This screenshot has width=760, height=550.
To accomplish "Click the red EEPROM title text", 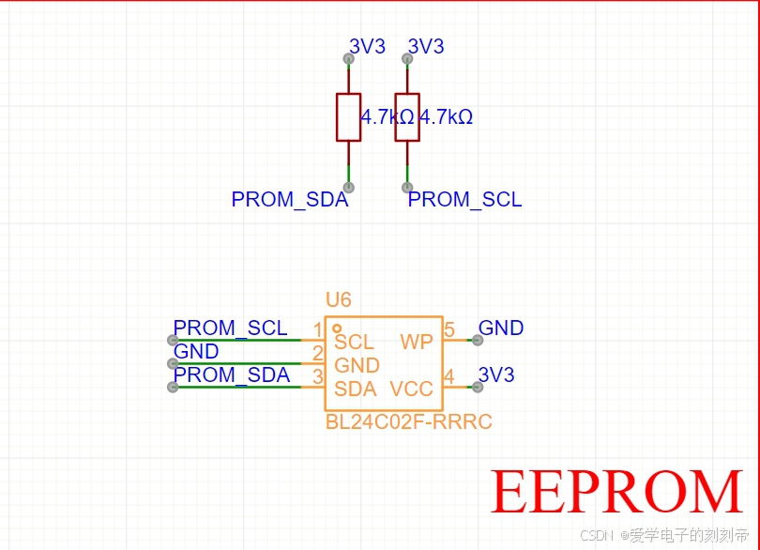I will pyautogui.click(x=616, y=491).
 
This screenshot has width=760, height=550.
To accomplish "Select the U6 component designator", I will pyautogui.click(x=338, y=300).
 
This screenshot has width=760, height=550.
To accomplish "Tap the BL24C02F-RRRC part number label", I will pyautogui.click(x=408, y=422).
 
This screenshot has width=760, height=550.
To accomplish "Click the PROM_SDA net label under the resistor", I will pyautogui.click(x=289, y=200).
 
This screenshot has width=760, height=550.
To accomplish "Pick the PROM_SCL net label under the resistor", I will pyautogui.click(x=464, y=200).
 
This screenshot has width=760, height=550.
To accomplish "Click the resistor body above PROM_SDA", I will pyautogui.click(x=348, y=116).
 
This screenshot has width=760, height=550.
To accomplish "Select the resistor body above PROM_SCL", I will pyautogui.click(x=406, y=116).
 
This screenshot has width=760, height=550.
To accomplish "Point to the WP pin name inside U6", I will pyautogui.click(x=416, y=342).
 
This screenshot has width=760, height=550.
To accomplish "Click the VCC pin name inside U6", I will pyautogui.click(x=411, y=389).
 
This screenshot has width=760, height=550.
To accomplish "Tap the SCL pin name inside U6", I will pyautogui.click(x=354, y=343).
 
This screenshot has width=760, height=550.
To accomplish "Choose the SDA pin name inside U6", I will pyautogui.click(x=355, y=389).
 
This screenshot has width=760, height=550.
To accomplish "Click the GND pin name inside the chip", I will pyautogui.click(x=357, y=366).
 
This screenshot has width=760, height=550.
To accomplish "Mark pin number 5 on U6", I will pyautogui.click(x=449, y=330).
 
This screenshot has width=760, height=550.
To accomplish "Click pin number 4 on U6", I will pyautogui.click(x=449, y=376).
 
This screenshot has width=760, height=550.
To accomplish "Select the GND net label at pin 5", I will pyautogui.click(x=501, y=328).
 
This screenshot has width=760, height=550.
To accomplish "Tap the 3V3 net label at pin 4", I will pyautogui.click(x=496, y=375).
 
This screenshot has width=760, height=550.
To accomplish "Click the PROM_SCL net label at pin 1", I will pyautogui.click(x=231, y=328).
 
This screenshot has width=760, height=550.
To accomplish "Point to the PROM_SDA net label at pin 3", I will pyautogui.click(x=232, y=375).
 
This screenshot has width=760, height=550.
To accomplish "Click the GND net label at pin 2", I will pyautogui.click(x=196, y=352).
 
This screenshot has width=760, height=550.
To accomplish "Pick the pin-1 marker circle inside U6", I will pyautogui.click(x=336, y=328).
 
